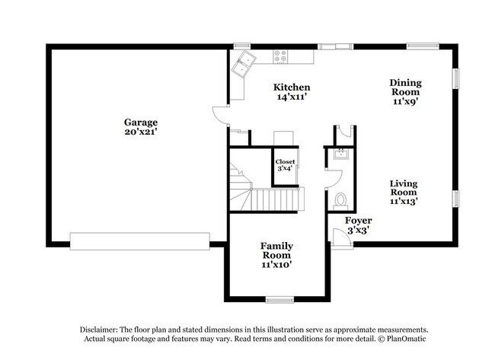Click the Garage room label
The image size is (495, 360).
click(142, 122)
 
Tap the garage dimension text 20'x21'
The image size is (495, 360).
click(142, 132)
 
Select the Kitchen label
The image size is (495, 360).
click(292, 88)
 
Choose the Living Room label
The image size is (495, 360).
click(404, 187)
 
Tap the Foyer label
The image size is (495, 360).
click(358, 221)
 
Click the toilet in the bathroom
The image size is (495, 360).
click(340, 200)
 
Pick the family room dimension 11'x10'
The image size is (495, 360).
click(276, 265)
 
